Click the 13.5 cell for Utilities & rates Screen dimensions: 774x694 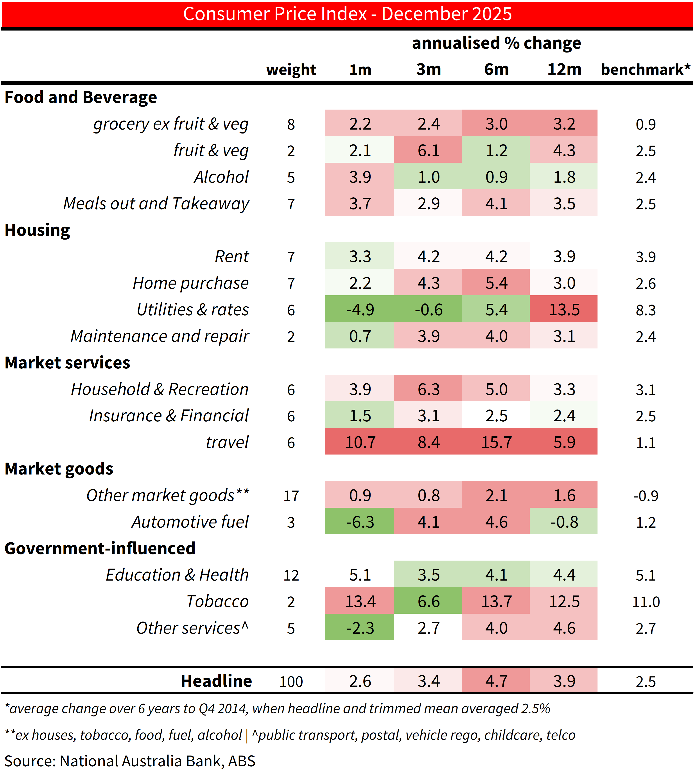(x=564, y=310)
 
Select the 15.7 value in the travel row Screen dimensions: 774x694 (x=496, y=442)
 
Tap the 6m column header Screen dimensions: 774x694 (x=496, y=69)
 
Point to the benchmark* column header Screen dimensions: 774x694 (x=645, y=69)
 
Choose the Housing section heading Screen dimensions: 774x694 (x=37, y=230)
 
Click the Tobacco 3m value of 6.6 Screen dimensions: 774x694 (x=429, y=601)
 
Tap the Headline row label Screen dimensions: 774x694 (x=216, y=681)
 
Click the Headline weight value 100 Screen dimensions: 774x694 (x=291, y=682)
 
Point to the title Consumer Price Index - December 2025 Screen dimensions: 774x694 (x=347, y=14)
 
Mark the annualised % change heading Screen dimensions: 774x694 (x=496, y=43)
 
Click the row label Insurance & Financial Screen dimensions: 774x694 (x=169, y=416)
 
